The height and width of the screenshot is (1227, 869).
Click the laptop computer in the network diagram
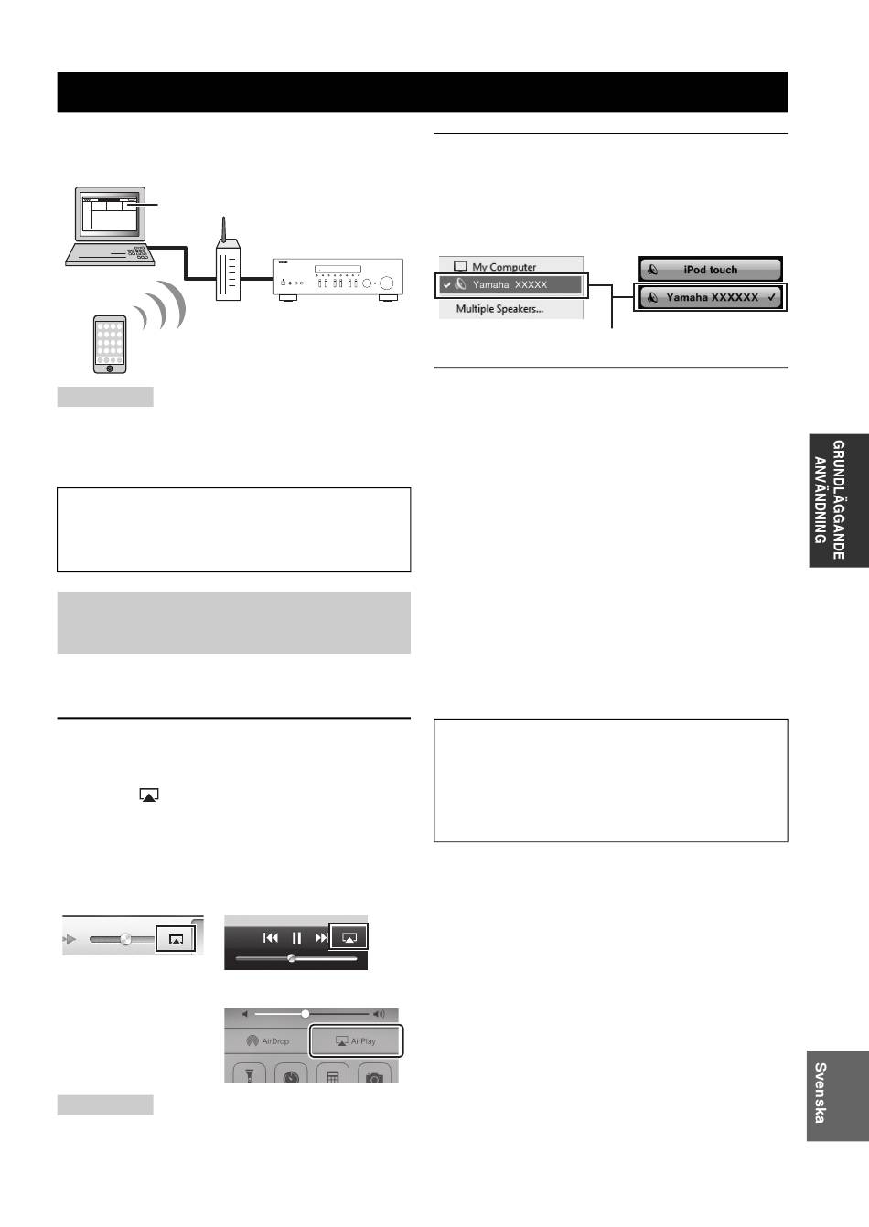111,226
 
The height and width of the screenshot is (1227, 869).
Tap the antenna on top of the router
223,229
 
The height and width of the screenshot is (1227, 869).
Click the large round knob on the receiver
386,283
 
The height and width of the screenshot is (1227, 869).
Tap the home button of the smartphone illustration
110,368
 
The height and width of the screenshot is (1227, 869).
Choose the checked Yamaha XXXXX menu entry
511,285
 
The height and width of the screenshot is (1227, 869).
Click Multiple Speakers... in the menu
499,309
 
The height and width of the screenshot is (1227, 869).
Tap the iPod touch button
710,270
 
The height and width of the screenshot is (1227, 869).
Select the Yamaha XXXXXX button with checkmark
710,297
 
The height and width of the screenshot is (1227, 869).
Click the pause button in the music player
296,938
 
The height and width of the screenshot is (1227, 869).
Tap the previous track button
271,938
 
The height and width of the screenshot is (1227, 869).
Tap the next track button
321,938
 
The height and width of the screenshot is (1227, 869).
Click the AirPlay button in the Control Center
356,1040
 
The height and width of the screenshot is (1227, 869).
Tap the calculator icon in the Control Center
333,1077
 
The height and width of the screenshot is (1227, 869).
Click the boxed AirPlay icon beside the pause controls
349,937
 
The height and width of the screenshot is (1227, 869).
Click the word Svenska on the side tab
821,1094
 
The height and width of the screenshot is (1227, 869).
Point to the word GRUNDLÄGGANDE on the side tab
838,499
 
